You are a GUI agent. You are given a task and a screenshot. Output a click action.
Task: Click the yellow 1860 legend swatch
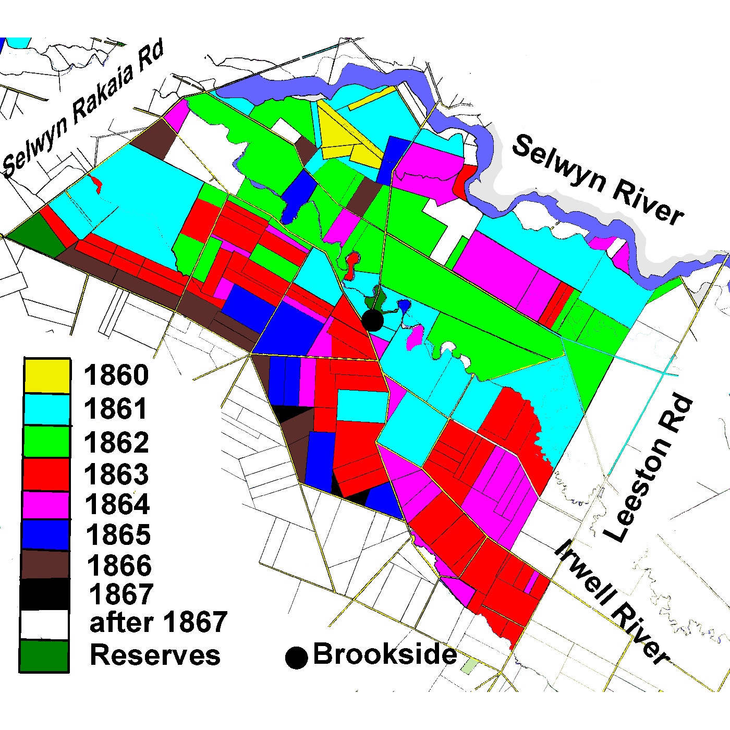[46, 375]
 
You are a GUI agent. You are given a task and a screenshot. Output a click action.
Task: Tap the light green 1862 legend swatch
[46, 442]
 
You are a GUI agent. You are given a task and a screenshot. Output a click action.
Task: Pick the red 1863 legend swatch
[46, 474]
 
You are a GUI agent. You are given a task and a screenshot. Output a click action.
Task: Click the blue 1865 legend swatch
[46, 534]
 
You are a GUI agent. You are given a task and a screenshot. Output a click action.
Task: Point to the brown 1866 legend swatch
[46, 565]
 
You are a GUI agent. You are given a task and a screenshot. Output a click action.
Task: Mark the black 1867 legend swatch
[45, 594]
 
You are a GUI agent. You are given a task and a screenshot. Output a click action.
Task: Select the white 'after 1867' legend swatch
[45, 624]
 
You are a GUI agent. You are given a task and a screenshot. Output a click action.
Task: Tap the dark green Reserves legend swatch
[44, 656]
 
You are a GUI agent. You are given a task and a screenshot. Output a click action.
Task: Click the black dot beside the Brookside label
[297, 658]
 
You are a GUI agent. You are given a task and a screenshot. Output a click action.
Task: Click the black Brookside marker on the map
[372, 320]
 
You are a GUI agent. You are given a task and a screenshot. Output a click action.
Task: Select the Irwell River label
[611, 602]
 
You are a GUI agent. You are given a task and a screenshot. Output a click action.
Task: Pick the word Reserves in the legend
[155, 655]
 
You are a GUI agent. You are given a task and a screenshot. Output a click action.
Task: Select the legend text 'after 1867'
[159, 623]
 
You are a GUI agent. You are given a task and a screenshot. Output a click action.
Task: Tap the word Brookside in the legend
[385, 654]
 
